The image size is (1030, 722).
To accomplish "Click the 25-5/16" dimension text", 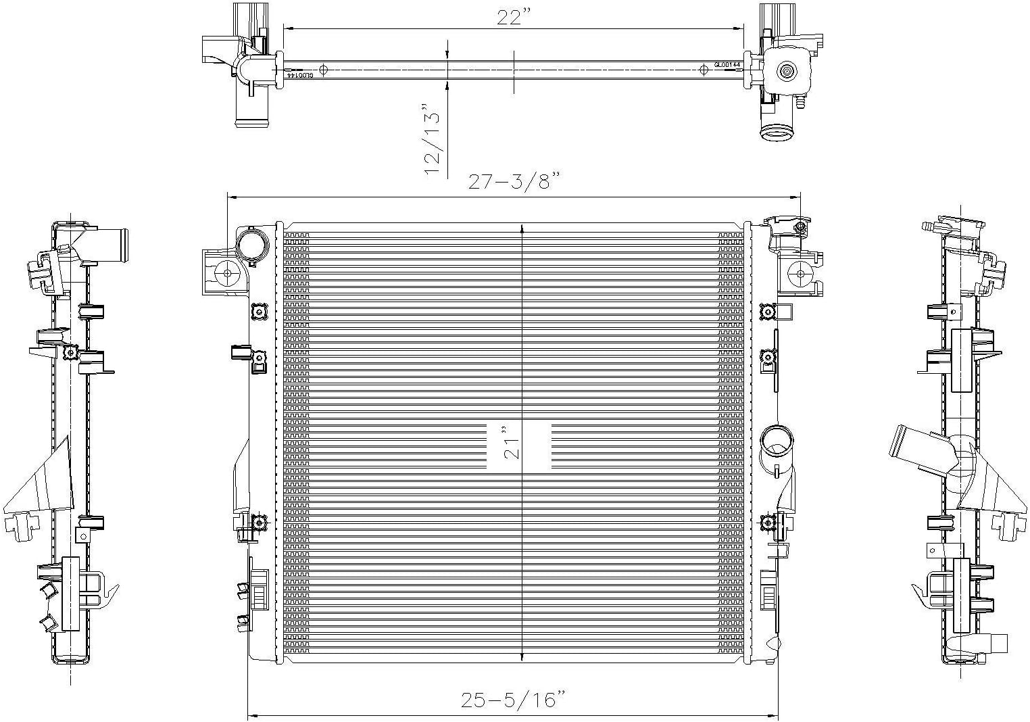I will click(513, 700).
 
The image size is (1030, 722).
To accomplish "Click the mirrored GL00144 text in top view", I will click(299, 75).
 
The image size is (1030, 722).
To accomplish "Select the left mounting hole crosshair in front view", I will click(227, 273).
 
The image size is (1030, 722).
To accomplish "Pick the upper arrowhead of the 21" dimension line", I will click(522, 229).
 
